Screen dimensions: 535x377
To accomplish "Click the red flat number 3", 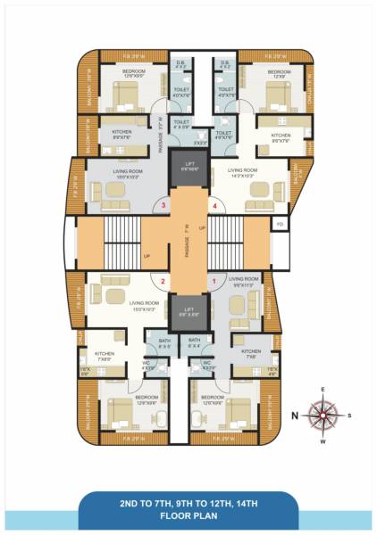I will coord(163,206).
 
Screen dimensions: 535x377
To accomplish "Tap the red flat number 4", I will coord(214,206).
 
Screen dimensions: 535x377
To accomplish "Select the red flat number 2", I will coord(163,283).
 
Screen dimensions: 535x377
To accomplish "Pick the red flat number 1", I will coord(214,283).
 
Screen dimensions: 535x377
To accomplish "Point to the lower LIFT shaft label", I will coord(188,313).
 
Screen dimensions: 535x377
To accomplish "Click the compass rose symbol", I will coord(322,414).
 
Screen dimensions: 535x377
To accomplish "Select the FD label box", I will coord(280,223).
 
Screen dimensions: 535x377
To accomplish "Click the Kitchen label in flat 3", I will coord(122,134).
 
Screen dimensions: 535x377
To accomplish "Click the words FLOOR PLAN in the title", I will coord(188,516).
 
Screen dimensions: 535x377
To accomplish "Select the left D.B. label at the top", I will coord(180,64).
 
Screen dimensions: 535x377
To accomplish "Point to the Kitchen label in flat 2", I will coord(105,355).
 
